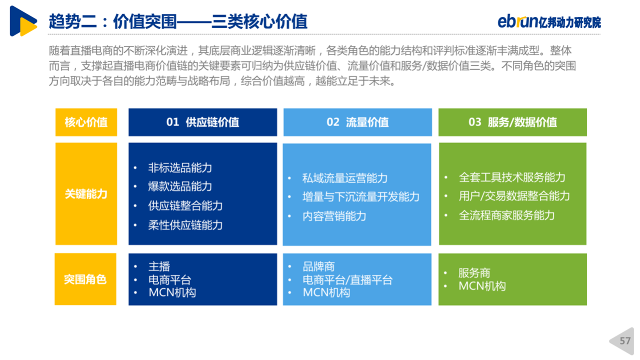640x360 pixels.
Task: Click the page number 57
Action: click(625, 341)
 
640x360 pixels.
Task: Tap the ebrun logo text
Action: click(517, 21)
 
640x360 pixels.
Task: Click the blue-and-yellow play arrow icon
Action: click(23, 21)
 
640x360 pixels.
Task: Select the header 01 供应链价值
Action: click(202, 122)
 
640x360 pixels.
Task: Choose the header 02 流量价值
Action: click(357, 122)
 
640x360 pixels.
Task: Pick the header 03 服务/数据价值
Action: click(512, 122)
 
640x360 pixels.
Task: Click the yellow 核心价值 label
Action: click(86, 122)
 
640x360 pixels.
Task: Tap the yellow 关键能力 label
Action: click(86, 193)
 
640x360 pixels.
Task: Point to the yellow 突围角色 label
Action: click(85, 279)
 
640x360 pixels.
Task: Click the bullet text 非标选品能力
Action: click(180, 167)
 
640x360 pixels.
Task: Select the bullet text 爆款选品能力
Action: click(180, 186)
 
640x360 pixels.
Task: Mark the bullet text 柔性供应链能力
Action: click(185, 225)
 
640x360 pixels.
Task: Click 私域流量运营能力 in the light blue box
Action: click(345, 178)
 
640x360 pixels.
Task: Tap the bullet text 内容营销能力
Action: click(334, 216)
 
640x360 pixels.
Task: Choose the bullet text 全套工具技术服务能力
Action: click(512, 177)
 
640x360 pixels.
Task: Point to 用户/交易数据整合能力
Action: click(514, 196)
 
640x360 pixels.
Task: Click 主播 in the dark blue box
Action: click(159, 266)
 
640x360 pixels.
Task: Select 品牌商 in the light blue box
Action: click(318, 266)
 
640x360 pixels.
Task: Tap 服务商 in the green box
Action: click(474, 273)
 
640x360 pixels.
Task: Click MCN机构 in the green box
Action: click(482, 286)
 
